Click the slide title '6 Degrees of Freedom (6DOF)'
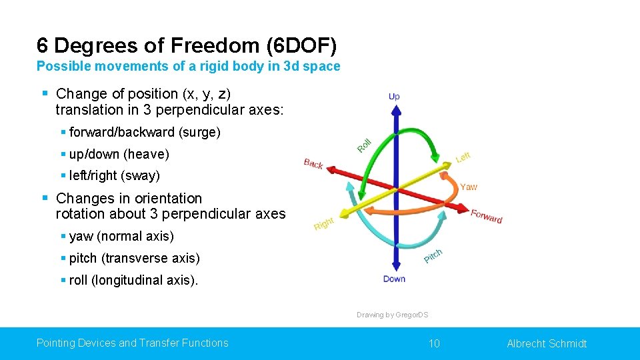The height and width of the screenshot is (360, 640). coord(187,45)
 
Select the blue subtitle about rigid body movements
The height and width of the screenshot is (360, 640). coord(188,67)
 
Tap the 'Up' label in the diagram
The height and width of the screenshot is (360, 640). coord(394,97)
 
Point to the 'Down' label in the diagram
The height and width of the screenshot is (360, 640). coord(394,279)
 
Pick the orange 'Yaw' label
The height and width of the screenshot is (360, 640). coord(469,187)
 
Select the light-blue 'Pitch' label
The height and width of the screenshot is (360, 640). coord(433,255)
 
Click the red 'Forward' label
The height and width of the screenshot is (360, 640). coord(486,216)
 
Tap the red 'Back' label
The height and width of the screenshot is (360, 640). coord(313,163)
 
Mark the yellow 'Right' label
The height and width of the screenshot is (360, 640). coord(323,224)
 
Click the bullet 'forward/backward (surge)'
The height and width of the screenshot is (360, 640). coord(145,132)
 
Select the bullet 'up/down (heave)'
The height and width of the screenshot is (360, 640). coord(119,154)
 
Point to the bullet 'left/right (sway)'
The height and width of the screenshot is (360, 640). coord(115,176)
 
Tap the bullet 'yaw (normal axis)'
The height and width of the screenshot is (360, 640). coord(121,236)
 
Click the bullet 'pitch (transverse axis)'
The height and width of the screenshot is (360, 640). coord(134,258)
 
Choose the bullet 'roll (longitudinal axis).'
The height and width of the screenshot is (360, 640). coord(133,280)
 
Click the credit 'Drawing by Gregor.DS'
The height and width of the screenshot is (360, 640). coord(392,315)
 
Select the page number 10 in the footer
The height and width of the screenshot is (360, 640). coord(434,343)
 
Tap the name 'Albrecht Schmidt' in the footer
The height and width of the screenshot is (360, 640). coord(547,343)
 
